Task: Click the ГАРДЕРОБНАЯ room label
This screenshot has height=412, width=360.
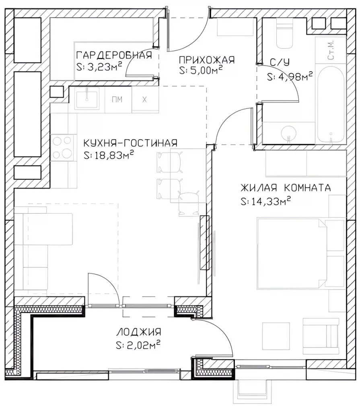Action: click(x=114, y=55)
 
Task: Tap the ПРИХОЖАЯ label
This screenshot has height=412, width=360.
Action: click(x=206, y=60)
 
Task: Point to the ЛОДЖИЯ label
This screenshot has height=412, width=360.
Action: click(x=138, y=332)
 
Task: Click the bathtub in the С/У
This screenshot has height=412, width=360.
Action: click(x=331, y=104)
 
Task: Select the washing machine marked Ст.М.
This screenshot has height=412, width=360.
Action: click(x=331, y=50)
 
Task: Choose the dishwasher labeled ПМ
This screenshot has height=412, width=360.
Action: click(x=118, y=100)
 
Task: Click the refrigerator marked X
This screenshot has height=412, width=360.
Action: click(x=145, y=100)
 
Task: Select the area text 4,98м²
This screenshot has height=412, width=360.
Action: click(x=295, y=76)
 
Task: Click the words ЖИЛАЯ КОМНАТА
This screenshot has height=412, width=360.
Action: click(x=286, y=188)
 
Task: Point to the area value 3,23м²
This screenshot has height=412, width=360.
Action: click(x=104, y=67)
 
